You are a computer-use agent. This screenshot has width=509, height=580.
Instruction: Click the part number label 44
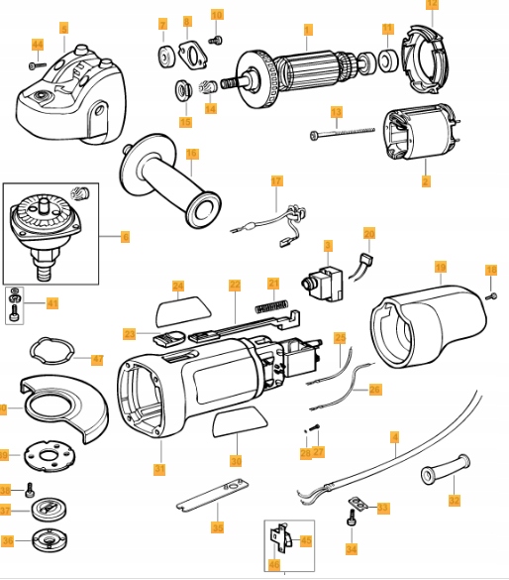tap(38, 46)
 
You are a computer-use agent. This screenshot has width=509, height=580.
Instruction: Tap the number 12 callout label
tap(431, 5)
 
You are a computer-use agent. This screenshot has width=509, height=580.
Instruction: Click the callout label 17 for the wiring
tap(276, 181)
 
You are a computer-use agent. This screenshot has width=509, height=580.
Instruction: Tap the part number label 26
tap(374, 390)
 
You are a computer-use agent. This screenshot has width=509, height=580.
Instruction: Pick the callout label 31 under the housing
tap(158, 469)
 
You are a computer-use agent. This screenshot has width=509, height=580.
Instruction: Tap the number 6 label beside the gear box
tap(125, 238)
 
